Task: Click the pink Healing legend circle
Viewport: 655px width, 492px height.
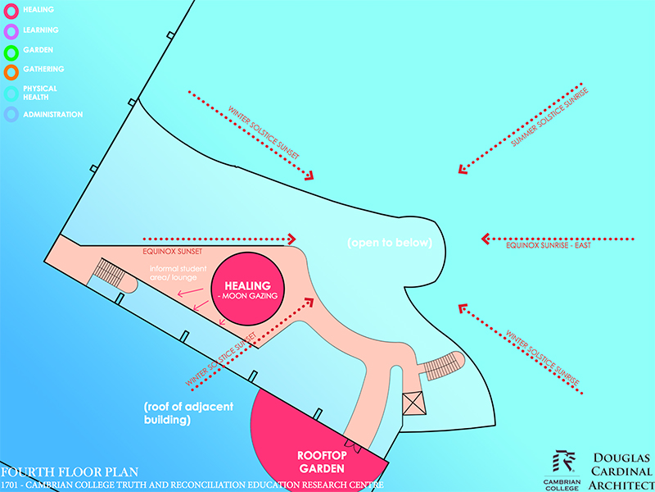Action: [x=11, y=10]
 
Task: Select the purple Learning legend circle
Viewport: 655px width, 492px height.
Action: [x=11, y=30]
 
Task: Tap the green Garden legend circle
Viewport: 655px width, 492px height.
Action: [x=11, y=51]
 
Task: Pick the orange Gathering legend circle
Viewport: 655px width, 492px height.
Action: [x=11, y=71]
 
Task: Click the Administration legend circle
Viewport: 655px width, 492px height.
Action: [x=11, y=115]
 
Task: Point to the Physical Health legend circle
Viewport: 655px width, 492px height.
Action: [x=11, y=92]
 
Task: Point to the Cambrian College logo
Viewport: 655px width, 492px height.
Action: [x=562, y=471]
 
